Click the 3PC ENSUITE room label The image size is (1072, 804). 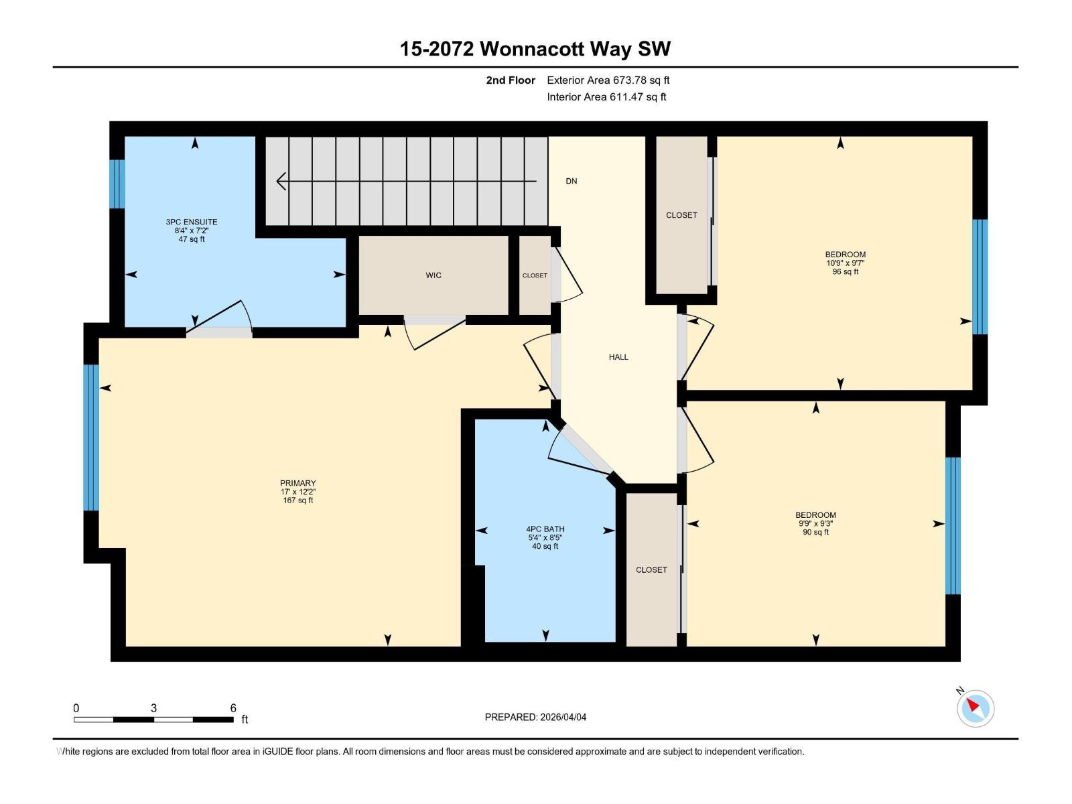pyautogui.click(x=192, y=222)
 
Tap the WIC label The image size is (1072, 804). pyautogui.click(x=433, y=275)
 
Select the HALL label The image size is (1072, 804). pyautogui.click(x=618, y=357)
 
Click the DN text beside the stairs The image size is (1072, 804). pyautogui.click(x=571, y=181)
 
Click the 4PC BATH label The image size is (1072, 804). pyautogui.click(x=545, y=529)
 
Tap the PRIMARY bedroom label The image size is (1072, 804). pyautogui.click(x=297, y=483)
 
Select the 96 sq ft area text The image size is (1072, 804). pyautogui.click(x=846, y=272)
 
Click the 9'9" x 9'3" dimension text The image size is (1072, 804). pyautogui.click(x=815, y=524)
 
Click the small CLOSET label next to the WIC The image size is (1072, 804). pyautogui.click(x=535, y=275)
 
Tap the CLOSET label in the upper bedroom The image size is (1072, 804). pyautogui.click(x=681, y=215)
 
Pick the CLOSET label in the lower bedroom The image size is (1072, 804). pyautogui.click(x=651, y=569)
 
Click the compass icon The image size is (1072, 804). pyautogui.click(x=975, y=708)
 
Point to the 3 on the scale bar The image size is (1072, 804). pyautogui.click(x=154, y=708)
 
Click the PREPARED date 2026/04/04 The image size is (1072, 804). pyautogui.click(x=562, y=717)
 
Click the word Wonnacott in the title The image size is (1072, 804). pyautogui.click(x=533, y=49)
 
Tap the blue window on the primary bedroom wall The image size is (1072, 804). pyautogui.click(x=92, y=437)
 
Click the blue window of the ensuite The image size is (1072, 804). pyautogui.click(x=117, y=184)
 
